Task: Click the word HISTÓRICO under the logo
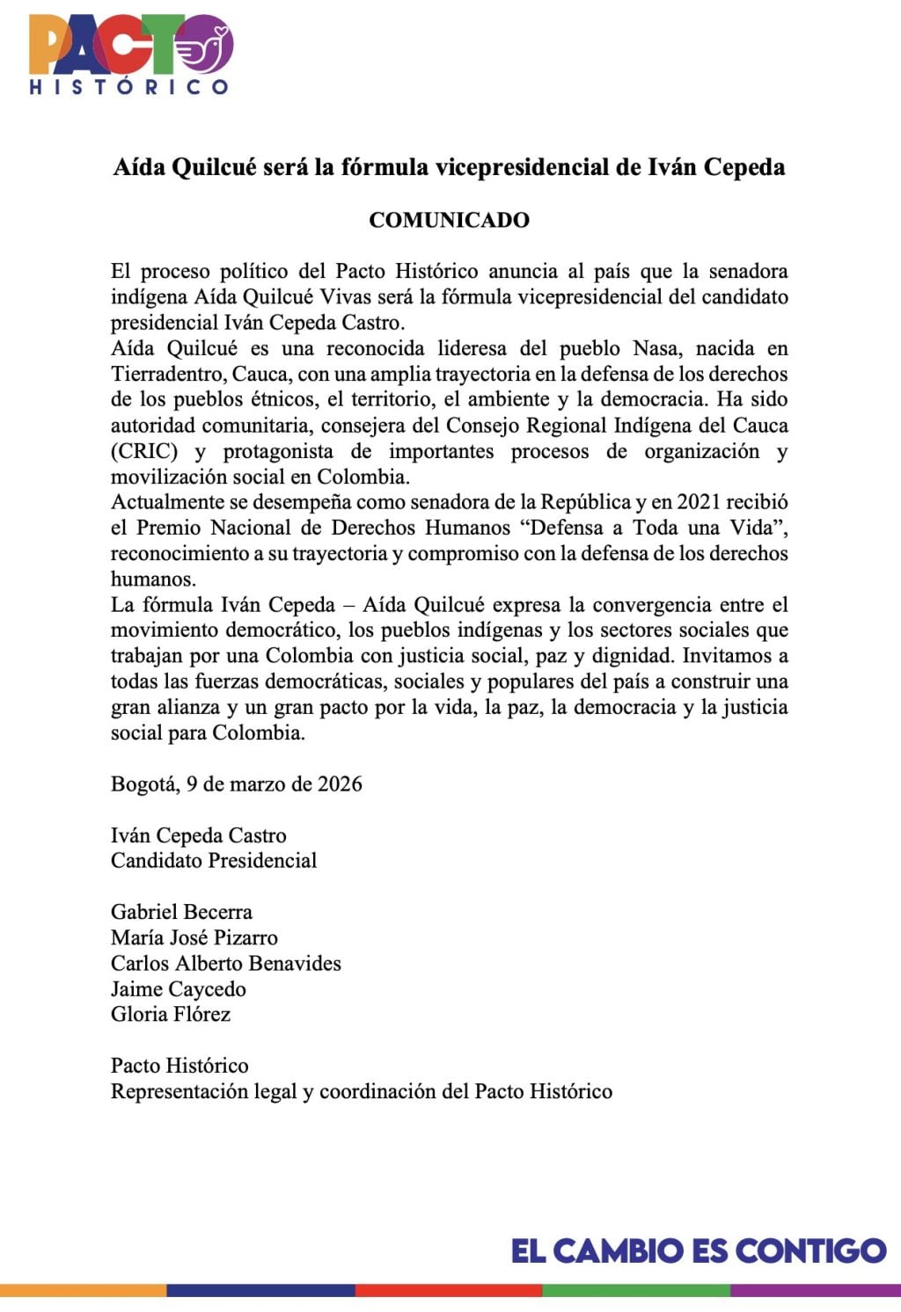click(x=129, y=87)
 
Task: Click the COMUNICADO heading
click(x=449, y=220)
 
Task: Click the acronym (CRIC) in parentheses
click(x=144, y=451)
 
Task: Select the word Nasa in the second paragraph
click(x=655, y=348)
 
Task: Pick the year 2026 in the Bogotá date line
click(x=340, y=784)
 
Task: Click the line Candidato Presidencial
click(x=214, y=861)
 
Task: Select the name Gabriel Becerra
click(x=181, y=912)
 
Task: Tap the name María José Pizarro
click(x=194, y=937)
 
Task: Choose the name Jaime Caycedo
click(x=179, y=989)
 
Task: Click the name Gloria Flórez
click(x=171, y=1015)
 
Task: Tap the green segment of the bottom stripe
click(x=635, y=1291)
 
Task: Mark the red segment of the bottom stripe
click(x=448, y=1291)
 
